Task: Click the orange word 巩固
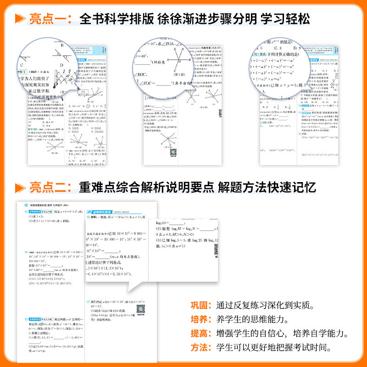pyautogui.click(x=199, y=305)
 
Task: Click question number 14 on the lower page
pyautogui.click(x=27, y=252)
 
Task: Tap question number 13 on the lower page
pyautogui.click(x=27, y=211)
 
